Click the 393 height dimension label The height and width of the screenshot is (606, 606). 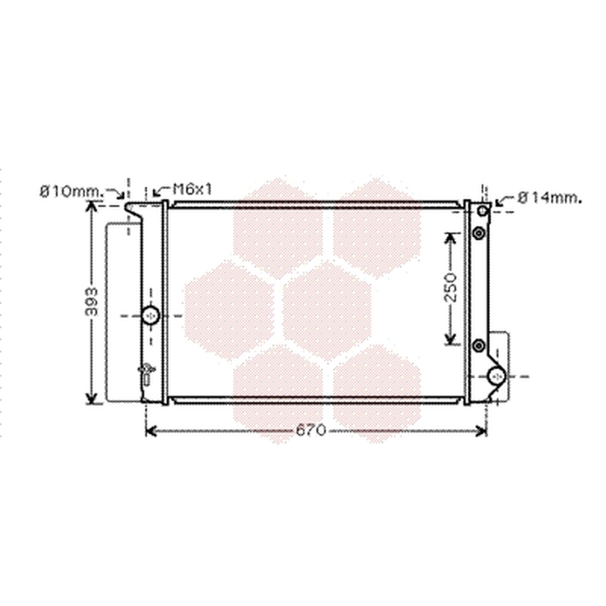[x=92, y=301]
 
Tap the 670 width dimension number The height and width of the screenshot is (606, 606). [x=311, y=430]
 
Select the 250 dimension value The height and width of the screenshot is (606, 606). [x=450, y=287]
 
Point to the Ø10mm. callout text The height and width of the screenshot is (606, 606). [x=71, y=192]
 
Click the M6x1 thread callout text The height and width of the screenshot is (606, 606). [x=192, y=189]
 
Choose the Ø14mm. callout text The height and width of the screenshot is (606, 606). [x=550, y=198]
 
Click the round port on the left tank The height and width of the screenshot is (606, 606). [x=150, y=315]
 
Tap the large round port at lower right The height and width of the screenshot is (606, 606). [x=497, y=376]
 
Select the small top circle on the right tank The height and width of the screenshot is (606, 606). [x=483, y=211]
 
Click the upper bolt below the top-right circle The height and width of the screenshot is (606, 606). [x=479, y=233]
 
